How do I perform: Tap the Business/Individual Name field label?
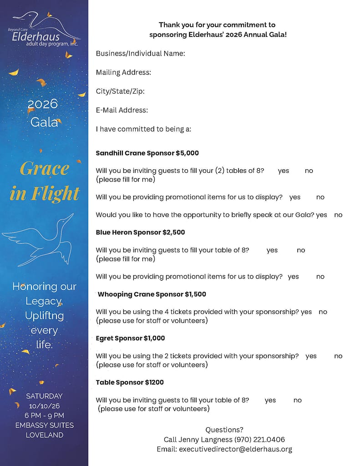[x=140, y=54]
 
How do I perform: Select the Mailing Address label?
[x=123, y=72]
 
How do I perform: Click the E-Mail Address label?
[x=122, y=110]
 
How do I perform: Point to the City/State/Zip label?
[x=120, y=91]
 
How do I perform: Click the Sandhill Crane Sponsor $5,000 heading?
[x=147, y=153]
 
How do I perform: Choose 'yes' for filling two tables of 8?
[x=284, y=171]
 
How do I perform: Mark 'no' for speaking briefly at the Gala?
[x=338, y=215]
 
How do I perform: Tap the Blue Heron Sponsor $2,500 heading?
[x=140, y=233]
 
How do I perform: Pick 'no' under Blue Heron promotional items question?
[x=320, y=277]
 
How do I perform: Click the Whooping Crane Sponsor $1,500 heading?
[x=152, y=294]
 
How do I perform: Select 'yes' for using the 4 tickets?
[x=306, y=312]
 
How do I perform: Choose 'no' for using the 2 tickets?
[x=338, y=356]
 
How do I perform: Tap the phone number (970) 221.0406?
[x=259, y=440]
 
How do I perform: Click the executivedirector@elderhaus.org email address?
[x=235, y=449]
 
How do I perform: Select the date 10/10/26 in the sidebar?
[x=44, y=406]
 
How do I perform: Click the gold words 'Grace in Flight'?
[x=44, y=181]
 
